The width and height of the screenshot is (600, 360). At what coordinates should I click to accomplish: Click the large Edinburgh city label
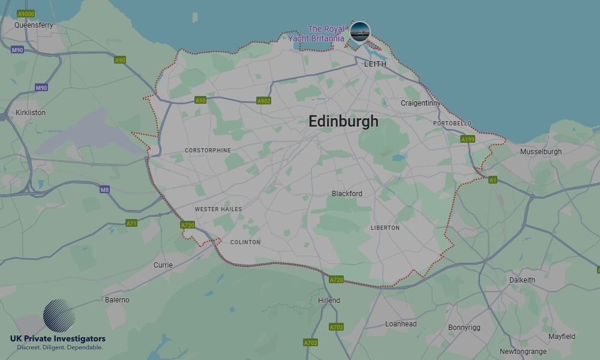coord(343,121)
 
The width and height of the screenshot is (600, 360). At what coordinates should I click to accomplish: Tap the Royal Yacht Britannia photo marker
coord(360,31)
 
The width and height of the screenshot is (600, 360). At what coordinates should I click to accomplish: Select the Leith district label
coord(375,64)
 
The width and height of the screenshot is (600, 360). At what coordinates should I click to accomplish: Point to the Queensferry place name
coord(34,25)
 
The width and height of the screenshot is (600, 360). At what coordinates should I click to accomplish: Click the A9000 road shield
coord(26,13)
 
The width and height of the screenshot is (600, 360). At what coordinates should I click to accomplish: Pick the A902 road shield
coord(263,101)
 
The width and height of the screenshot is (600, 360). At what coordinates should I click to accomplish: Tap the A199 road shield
coord(468,139)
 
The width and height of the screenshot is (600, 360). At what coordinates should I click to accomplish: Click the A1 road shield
coord(493,179)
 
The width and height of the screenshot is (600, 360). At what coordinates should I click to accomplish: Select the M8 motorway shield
coord(105,190)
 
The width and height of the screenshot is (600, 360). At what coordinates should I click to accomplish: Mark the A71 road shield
coord(131,223)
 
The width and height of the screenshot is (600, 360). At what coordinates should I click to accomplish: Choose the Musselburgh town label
coord(541,152)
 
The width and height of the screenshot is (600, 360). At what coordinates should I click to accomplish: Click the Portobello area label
coord(452,124)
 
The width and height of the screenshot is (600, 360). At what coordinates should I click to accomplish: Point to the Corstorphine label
coord(208,151)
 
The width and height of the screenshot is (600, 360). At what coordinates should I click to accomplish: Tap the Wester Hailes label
coord(218,209)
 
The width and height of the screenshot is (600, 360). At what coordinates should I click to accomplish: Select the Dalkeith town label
coord(522,280)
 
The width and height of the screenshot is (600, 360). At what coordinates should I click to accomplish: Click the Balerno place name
coord(117,299)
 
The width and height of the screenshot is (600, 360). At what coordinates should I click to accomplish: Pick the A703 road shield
coord(336,327)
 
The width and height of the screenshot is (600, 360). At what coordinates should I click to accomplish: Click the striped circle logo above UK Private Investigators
coord(59,316)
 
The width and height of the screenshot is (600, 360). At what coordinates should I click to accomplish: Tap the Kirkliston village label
coord(31,112)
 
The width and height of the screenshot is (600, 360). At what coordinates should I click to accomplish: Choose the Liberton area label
coord(385,228)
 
